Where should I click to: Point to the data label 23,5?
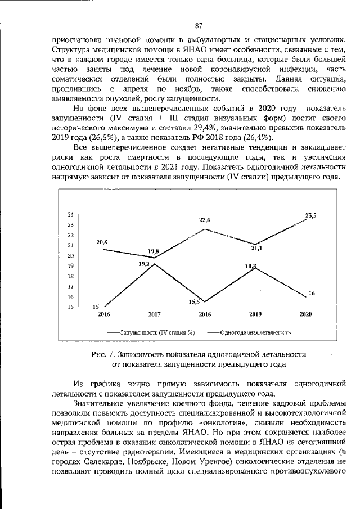coord(310,215)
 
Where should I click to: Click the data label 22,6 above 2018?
coord(205,220)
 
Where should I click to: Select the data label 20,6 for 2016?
coord(102,242)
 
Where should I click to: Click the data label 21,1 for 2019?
coord(257,247)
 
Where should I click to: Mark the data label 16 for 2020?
coord(312,294)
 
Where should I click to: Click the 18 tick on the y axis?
coord(70,276)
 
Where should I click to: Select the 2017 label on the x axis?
coord(154,314)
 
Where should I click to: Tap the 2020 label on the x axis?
coord(306,314)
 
